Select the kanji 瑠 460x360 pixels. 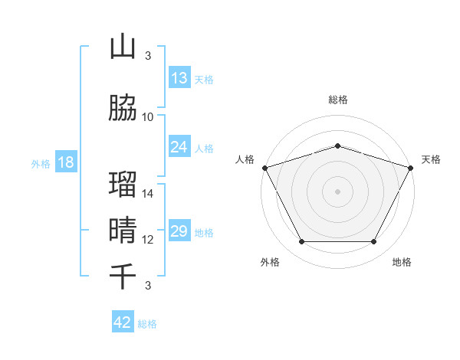(x=123, y=185)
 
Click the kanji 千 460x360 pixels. (x=123, y=276)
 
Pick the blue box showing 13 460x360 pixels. (x=179, y=78)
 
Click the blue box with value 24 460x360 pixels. (x=179, y=147)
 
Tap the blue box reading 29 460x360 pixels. (x=179, y=231)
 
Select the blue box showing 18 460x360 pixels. (x=65, y=163)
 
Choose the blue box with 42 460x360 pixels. (x=123, y=322)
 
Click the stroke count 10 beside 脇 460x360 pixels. (x=148, y=117)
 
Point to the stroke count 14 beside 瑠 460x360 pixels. (x=148, y=194)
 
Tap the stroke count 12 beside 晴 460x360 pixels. (x=148, y=240)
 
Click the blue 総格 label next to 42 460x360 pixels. (x=147, y=324)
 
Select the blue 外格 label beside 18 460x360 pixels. (x=41, y=164)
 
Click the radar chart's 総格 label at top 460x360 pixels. (x=338, y=100)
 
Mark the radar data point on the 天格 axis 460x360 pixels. (x=411, y=168)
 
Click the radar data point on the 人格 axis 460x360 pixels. (x=264, y=168)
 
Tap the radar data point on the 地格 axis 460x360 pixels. (x=374, y=242)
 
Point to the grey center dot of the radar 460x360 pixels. (x=338, y=191)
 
